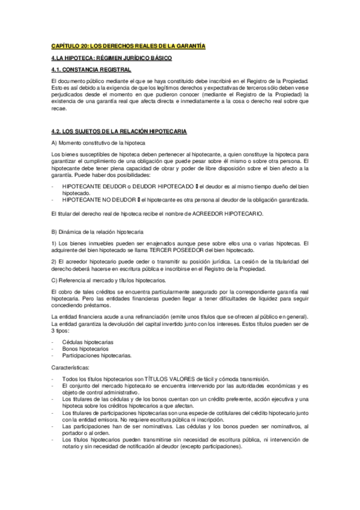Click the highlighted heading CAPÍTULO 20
coord(128,46)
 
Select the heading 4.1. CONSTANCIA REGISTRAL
coord(91,70)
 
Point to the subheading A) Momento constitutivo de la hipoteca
coord(99,143)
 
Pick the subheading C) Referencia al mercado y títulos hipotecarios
coord(108,280)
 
